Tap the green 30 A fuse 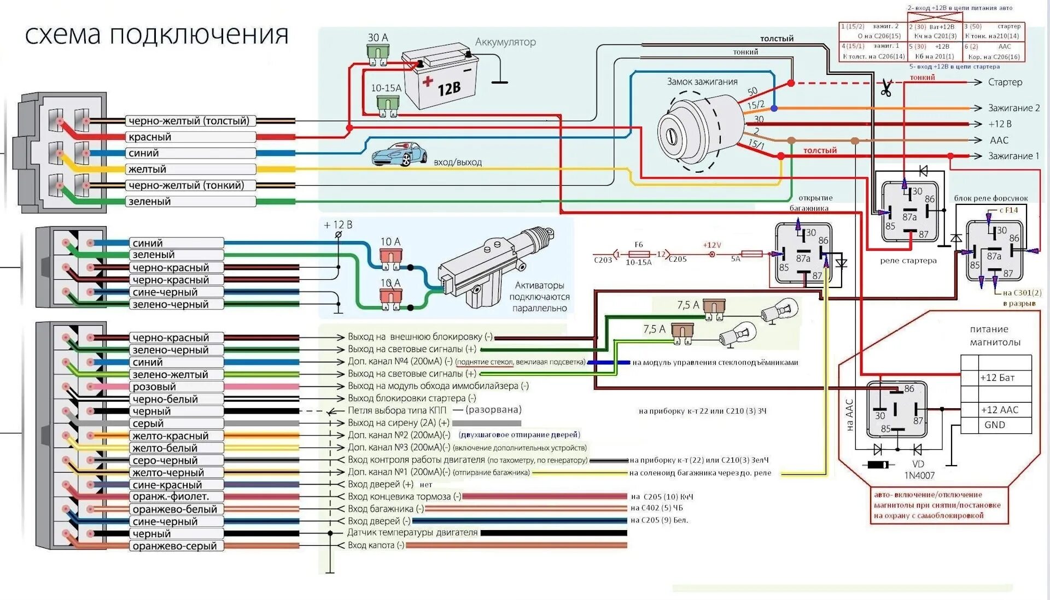[x=377, y=54]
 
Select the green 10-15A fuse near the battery [x=388, y=104]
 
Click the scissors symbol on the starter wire [x=886, y=87]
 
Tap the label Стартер [x=1005, y=82]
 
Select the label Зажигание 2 [x=1013, y=108]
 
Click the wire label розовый [x=154, y=387]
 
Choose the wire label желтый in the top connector [x=147, y=169]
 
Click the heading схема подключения [x=157, y=35]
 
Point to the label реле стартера [x=908, y=261]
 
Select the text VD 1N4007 [x=919, y=470]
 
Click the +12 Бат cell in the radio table [x=997, y=378]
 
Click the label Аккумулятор [x=505, y=42]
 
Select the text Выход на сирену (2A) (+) [x=398, y=423]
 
